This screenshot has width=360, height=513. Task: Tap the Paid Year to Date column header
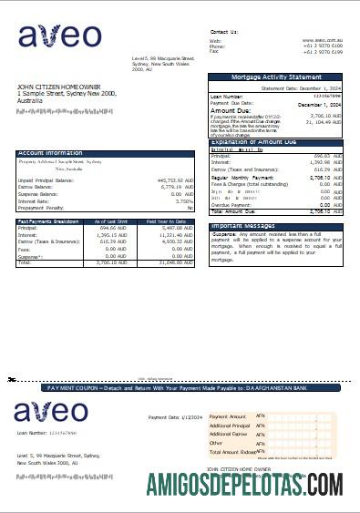tap(167, 221)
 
